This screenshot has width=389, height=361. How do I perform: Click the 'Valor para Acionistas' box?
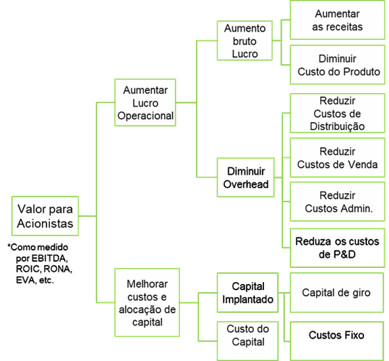(x=45, y=216)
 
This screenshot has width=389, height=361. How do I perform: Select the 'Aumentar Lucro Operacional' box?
(x=145, y=103)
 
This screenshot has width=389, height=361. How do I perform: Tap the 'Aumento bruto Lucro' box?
(x=245, y=40)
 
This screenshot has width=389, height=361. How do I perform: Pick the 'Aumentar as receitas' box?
(x=338, y=20)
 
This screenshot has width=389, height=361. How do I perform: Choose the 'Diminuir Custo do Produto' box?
(x=338, y=65)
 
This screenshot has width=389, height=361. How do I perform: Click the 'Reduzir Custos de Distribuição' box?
(x=338, y=113)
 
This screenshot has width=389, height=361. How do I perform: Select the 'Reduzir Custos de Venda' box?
(x=338, y=158)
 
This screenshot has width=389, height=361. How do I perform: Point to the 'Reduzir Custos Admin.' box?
(x=338, y=202)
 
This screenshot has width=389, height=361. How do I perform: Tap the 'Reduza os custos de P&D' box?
(x=338, y=248)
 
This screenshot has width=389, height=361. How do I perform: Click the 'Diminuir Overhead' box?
(x=246, y=177)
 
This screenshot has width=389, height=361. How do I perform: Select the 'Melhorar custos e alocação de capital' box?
(x=147, y=302)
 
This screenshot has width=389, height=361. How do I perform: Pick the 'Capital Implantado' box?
(x=248, y=293)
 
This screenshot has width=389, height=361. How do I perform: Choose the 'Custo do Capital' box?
(x=248, y=341)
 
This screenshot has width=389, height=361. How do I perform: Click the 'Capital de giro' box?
(x=337, y=293)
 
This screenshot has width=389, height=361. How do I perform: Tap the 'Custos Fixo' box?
(x=337, y=341)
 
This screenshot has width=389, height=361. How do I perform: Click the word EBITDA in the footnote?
(x=49, y=258)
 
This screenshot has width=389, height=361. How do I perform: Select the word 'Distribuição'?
(x=338, y=126)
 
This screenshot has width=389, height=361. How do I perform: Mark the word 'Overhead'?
(x=246, y=184)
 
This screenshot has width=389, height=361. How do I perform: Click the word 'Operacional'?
(x=145, y=116)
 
